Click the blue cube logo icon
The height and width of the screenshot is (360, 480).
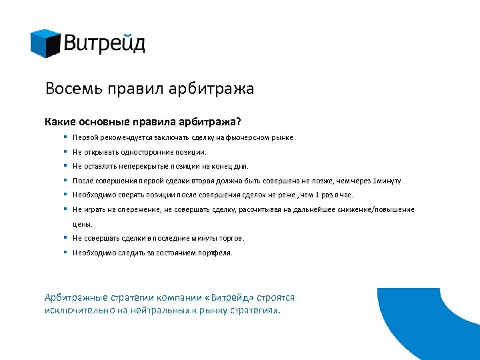45,43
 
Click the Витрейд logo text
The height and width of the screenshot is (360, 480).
105,44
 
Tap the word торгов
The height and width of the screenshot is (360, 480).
232,238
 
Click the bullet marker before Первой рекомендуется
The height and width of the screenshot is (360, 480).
66,137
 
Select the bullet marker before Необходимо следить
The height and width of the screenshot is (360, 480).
66,253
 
